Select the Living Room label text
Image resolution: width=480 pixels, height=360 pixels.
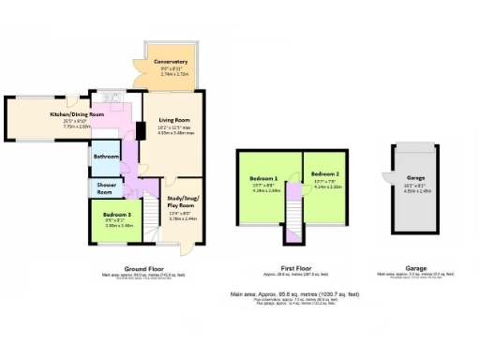(175, 120)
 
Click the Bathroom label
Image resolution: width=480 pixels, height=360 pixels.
(106, 157)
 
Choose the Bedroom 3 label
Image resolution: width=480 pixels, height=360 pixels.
(118, 215)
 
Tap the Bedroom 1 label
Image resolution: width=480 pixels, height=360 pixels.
(263, 178)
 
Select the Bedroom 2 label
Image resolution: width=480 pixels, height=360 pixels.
(324, 175)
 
